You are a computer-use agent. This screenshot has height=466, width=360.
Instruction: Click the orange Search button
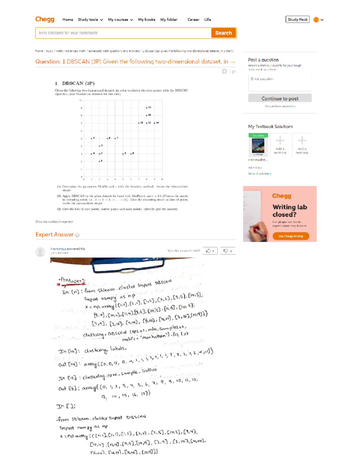point(223,33)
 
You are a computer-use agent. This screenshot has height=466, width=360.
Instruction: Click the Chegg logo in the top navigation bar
point(45,19)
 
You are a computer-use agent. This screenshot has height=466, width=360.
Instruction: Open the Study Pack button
point(297,20)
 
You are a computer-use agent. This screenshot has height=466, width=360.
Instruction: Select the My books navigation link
point(146,20)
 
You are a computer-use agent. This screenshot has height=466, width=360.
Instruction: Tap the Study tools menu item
point(90,20)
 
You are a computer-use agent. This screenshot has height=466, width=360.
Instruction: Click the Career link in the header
point(193,20)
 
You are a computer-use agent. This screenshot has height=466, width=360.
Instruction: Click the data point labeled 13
point(147,107)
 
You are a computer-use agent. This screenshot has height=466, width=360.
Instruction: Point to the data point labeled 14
point(154,123)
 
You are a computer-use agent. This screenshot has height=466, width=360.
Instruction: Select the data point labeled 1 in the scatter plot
point(100,161)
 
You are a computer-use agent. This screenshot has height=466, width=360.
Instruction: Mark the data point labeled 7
point(115,138)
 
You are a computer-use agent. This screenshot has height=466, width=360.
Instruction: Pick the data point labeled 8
point(131,154)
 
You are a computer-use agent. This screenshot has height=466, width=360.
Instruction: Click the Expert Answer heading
point(55,234)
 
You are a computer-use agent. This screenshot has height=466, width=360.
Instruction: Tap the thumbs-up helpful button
point(210,251)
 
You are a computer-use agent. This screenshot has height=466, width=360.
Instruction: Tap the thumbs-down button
point(227,251)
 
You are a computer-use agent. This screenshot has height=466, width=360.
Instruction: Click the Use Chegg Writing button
point(290,236)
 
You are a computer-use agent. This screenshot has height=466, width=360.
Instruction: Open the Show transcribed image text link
point(54,222)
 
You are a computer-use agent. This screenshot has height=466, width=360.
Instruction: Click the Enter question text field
point(280,83)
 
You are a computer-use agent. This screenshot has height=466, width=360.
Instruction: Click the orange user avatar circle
point(316,20)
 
